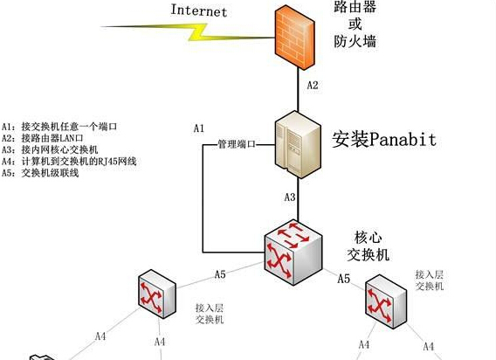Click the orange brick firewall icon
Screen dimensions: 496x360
coord(294,38)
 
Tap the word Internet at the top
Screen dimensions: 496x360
coord(199,10)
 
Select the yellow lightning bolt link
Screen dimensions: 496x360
coord(188,32)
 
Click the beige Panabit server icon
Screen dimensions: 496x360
coord(298,144)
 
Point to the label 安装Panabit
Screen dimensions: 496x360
coord(384,139)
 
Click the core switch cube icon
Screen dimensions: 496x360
coord(293,253)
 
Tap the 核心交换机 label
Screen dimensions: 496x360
coord(368,246)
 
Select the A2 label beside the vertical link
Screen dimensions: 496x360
coord(313,85)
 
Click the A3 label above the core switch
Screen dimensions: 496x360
coord(289,197)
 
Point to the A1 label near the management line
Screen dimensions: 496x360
coord(199,128)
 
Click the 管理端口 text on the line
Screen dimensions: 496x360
coord(237,144)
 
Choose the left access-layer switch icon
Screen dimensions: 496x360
coord(157,294)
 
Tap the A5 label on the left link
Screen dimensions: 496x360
coord(220,274)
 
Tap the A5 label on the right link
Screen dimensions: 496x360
coord(343,279)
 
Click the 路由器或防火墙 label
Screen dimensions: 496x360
coord(355,24)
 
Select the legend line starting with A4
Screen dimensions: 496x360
coord(69,162)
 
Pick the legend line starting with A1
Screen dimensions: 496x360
coord(59,127)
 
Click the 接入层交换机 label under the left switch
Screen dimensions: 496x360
coord(210,314)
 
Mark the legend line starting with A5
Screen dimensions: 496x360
coord(40,173)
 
